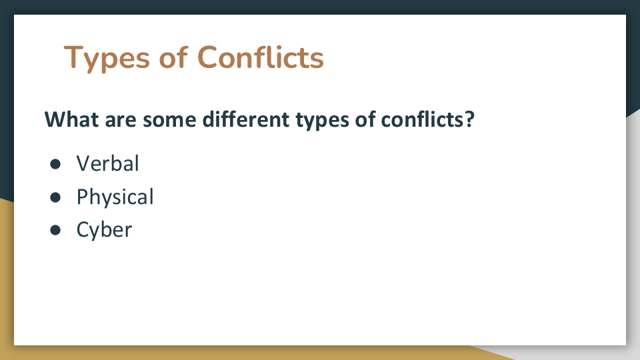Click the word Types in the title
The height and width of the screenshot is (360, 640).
[x=107, y=59]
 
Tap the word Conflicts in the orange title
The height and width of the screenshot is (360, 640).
[x=261, y=57]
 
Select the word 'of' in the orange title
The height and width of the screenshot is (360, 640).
[x=173, y=57]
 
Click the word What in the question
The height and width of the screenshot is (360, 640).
[x=71, y=119]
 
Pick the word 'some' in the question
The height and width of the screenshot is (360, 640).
[x=169, y=121]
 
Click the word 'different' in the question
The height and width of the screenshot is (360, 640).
[x=246, y=119]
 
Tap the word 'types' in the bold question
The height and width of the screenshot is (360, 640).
[x=322, y=121]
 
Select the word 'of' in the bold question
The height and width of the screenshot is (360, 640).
[x=365, y=119]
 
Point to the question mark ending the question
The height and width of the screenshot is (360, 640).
[x=469, y=119]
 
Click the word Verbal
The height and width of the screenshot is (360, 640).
[x=108, y=163]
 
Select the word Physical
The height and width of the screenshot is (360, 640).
[x=115, y=198]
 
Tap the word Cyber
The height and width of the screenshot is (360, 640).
[x=104, y=231]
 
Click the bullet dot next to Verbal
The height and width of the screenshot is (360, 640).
[x=55, y=164]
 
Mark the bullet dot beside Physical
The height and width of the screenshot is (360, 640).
[x=55, y=197]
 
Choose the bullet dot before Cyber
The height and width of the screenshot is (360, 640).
[x=55, y=230]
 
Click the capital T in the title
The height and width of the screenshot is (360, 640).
[x=73, y=57]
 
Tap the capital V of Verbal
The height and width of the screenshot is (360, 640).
[x=84, y=163]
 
